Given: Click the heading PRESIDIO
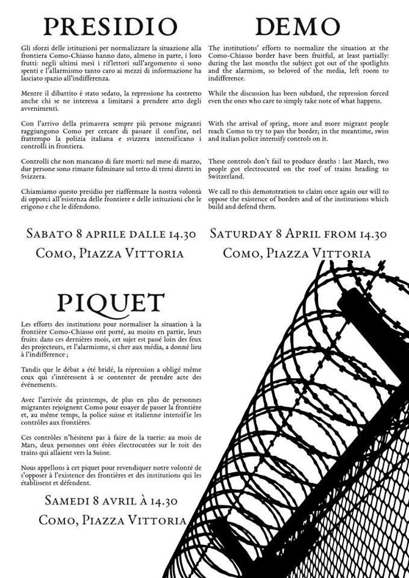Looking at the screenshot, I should [110, 26].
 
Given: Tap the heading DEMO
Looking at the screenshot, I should [298, 26].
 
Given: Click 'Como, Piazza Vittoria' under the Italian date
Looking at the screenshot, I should [110, 253].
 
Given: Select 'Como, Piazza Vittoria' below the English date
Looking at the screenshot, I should [297, 253].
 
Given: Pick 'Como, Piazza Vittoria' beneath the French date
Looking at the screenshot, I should [110, 519].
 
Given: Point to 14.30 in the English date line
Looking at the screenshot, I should [365, 234].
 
